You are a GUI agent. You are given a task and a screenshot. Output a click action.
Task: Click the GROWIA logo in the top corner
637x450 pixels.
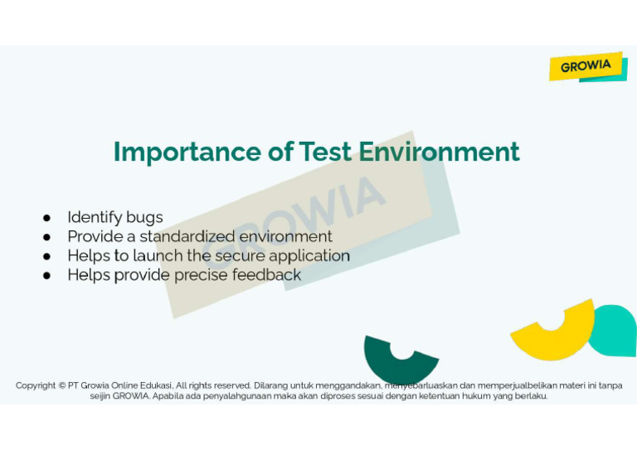586,66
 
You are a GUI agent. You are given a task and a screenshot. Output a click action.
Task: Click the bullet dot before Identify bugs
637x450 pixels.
48,218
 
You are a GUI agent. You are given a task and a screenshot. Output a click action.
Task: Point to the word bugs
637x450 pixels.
144,218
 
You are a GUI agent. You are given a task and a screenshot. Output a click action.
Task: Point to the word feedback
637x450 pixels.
266,275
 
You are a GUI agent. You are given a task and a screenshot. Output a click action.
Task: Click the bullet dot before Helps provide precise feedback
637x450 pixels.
48,275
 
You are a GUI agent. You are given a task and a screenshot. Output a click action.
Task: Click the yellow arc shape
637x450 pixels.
552,336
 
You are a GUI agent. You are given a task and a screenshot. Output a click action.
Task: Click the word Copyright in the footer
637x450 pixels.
36,385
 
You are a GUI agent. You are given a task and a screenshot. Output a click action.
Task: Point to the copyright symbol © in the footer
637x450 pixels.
62,385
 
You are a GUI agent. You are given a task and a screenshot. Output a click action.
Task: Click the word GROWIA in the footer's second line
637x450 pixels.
130,396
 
